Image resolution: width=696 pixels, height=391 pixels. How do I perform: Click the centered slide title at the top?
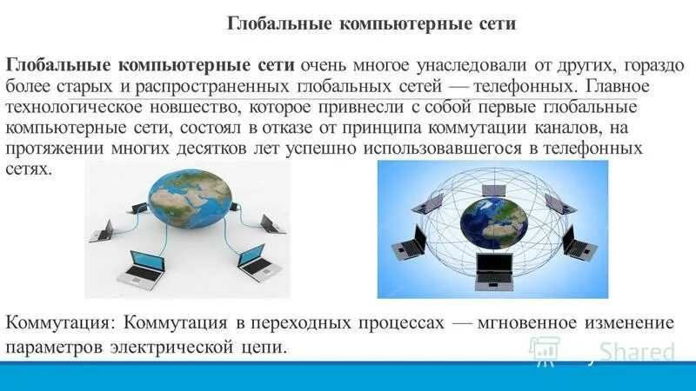[371, 23]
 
